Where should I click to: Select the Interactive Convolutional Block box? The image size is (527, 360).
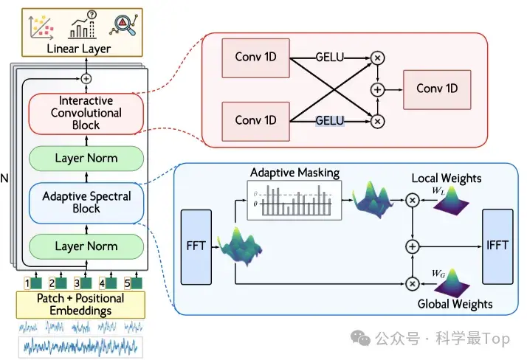click(x=86, y=114)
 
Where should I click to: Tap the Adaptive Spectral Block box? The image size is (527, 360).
click(x=86, y=203)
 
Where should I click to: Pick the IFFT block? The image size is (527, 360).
click(x=497, y=246)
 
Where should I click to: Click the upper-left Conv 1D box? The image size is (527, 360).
click(x=255, y=56)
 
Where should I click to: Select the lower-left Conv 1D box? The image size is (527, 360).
click(x=255, y=120)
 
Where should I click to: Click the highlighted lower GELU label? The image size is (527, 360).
click(x=330, y=120)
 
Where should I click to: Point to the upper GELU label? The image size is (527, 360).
click(x=330, y=56)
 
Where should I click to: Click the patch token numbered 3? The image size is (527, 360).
click(x=81, y=282)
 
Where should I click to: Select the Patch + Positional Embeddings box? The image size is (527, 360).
click(x=80, y=305)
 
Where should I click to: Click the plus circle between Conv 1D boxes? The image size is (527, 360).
click(x=378, y=89)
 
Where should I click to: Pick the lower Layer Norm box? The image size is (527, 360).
click(x=86, y=246)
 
